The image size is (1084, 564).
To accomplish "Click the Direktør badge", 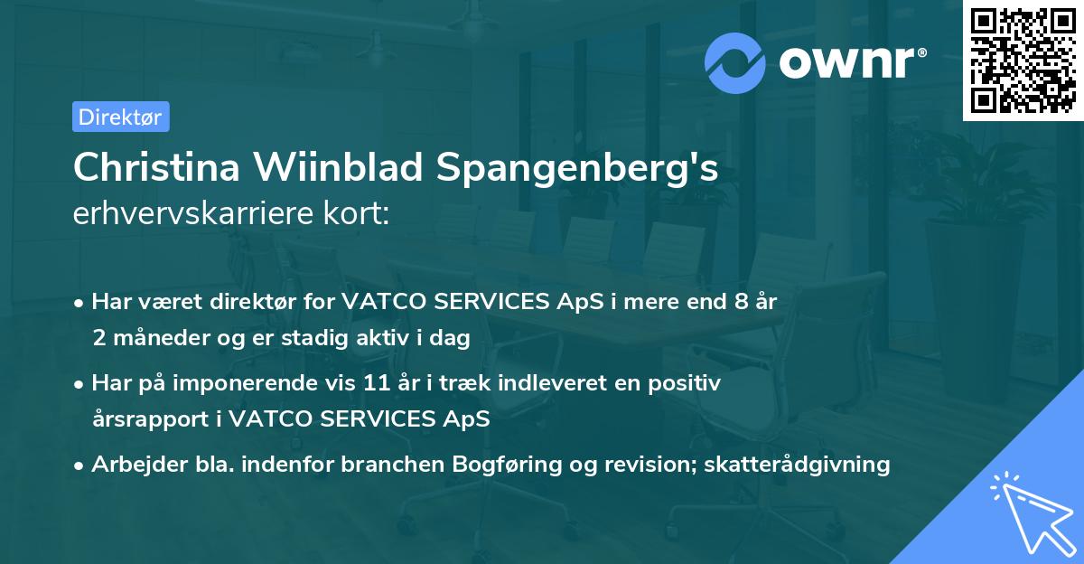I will (120, 117).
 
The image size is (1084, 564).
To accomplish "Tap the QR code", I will (1023, 61).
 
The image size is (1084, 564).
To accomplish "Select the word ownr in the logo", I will (850, 61).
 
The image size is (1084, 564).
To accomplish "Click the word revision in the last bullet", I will (636, 465).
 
